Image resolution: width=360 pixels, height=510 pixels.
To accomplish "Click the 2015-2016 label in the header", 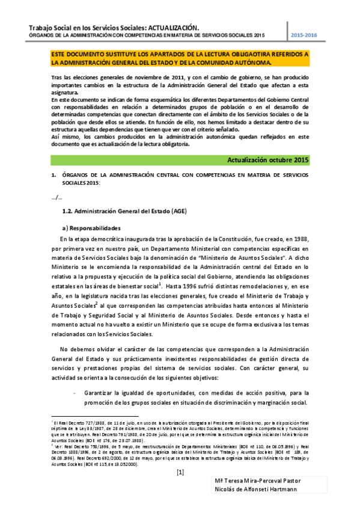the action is click(x=304, y=36).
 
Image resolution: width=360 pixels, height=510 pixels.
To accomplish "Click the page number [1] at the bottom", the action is click(x=180, y=472).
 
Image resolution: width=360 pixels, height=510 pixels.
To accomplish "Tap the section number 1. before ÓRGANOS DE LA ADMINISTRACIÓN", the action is click(x=53, y=174).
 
